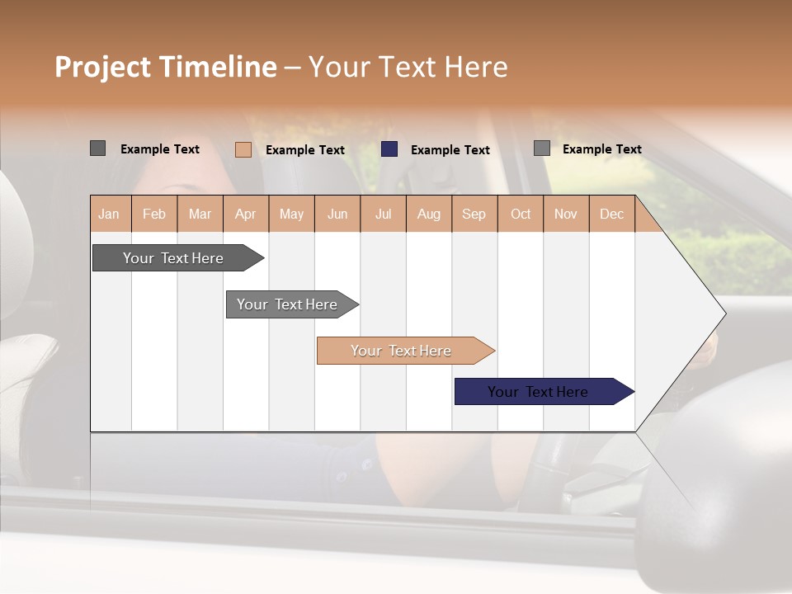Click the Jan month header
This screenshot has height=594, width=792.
(x=110, y=214)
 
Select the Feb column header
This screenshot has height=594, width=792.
(x=154, y=214)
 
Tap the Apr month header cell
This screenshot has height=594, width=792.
(x=245, y=214)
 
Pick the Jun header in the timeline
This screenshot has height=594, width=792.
(x=337, y=214)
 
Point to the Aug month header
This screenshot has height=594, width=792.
(x=428, y=214)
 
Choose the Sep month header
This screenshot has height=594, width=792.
(x=474, y=214)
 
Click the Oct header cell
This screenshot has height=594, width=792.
(x=521, y=214)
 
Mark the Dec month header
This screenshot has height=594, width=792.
(x=611, y=214)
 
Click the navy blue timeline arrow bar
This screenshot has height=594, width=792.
(x=537, y=392)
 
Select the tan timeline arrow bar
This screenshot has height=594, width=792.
(x=401, y=351)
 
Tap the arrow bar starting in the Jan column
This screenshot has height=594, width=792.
(x=173, y=258)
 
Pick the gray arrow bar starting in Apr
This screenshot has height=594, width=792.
(x=287, y=304)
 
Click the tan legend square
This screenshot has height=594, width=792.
(x=243, y=149)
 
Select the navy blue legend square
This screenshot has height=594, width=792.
(x=389, y=149)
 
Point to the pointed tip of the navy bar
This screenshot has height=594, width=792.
(x=632, y=392)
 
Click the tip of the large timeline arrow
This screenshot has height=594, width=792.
(x=724, y=313)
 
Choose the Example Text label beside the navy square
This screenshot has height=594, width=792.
(x=450, y=150)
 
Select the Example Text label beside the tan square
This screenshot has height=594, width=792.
(x=304, y=150)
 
